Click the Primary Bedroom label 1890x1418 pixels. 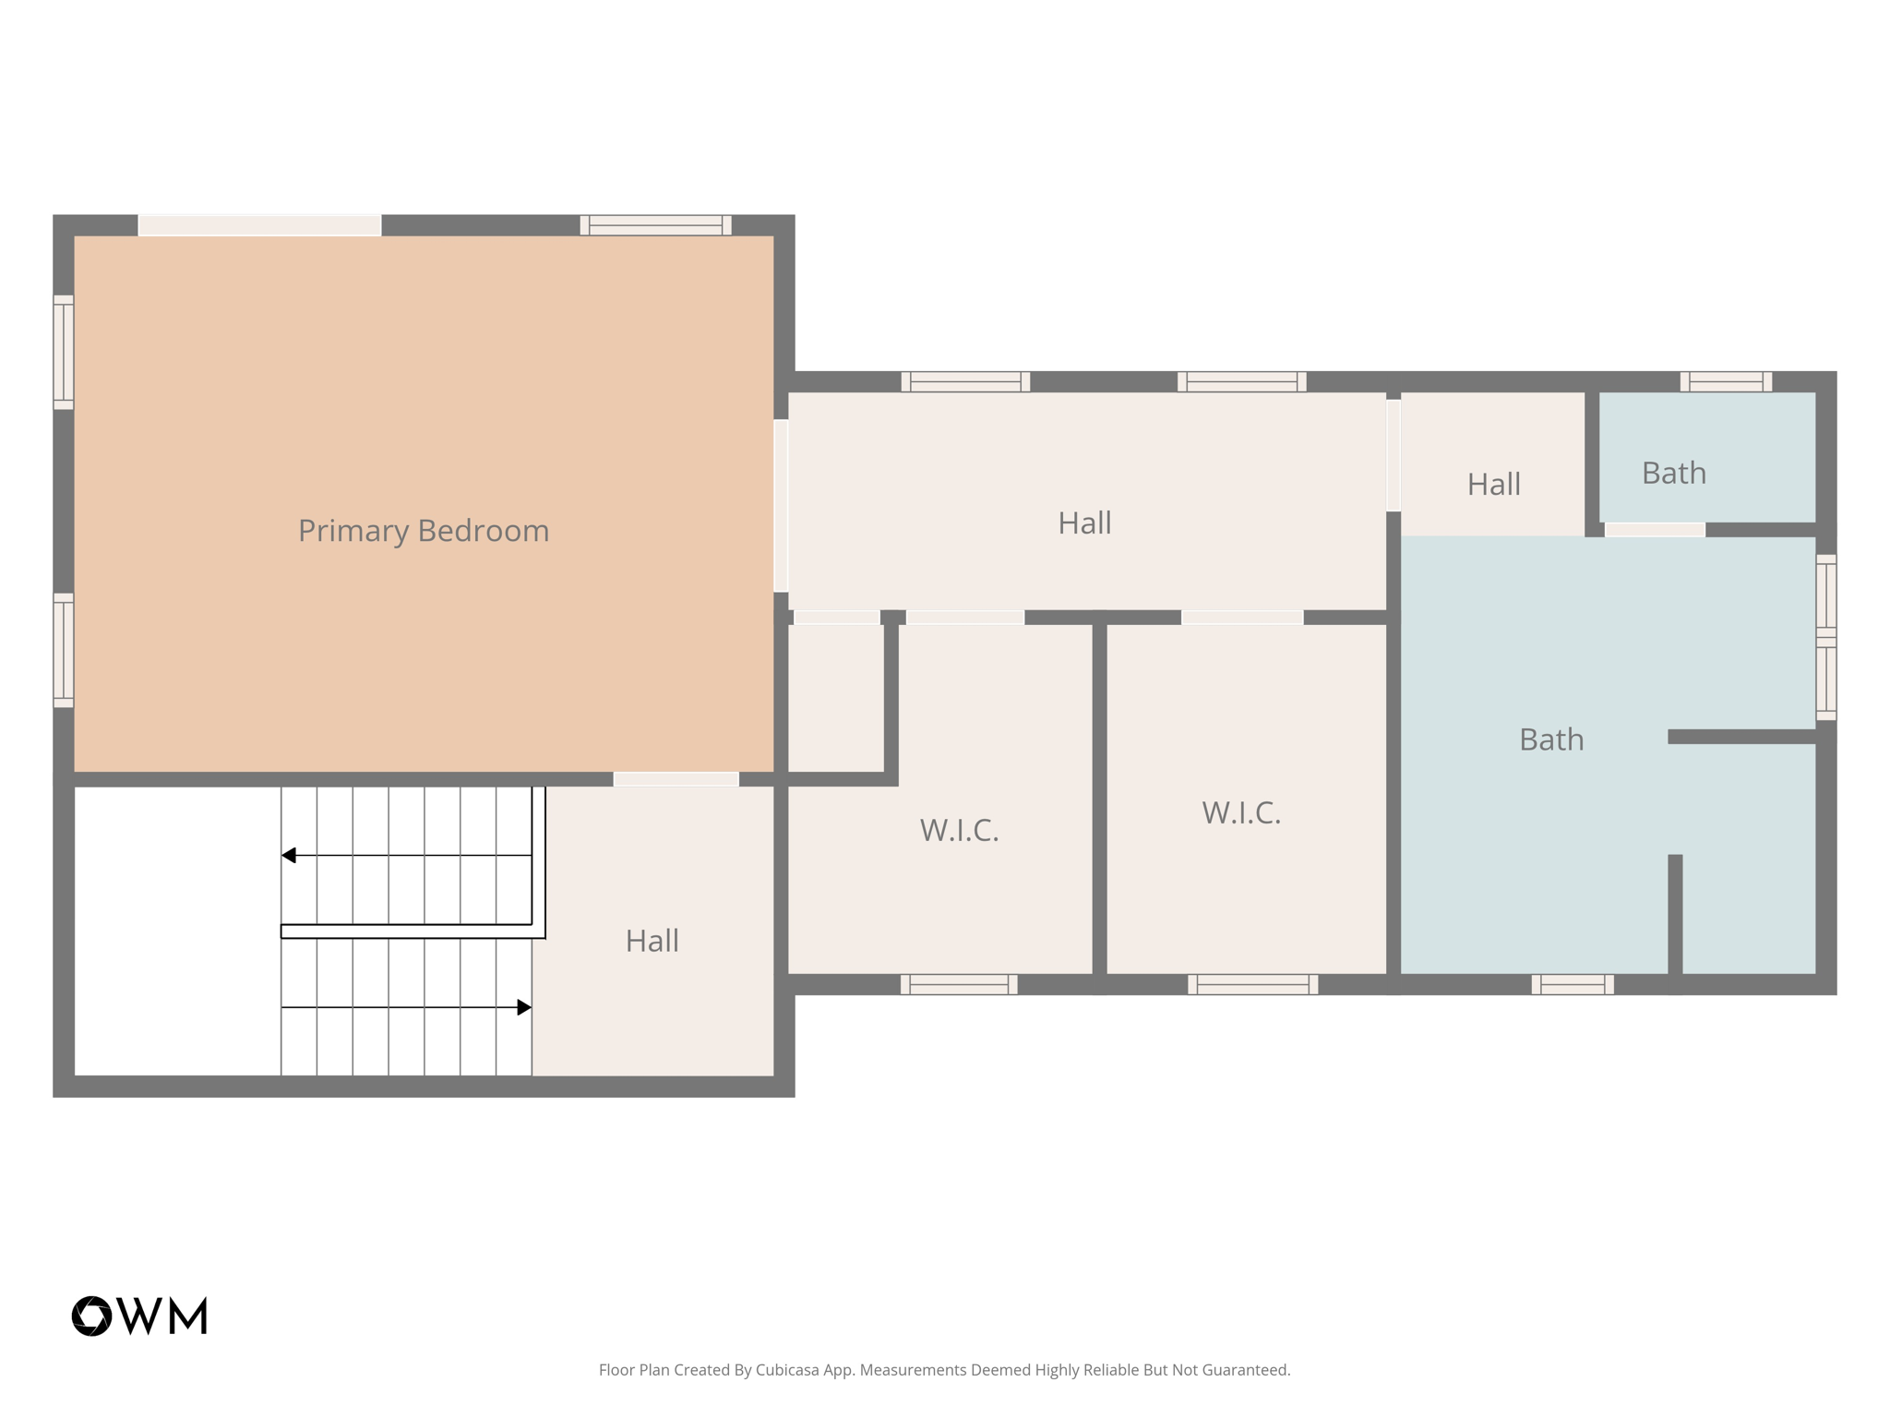(424, 531)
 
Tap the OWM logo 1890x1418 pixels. (139, 1316)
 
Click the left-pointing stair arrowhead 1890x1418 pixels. (289, 856)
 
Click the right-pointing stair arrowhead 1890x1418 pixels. (523, 1007)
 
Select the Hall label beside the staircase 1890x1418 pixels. (652, 941)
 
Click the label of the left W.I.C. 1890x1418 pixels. (959, 830)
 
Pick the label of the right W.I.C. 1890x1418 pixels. (1241, 812)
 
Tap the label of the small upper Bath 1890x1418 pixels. (1673, 473)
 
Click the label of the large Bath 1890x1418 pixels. (1551, 739)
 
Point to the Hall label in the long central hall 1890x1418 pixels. (1084, 523)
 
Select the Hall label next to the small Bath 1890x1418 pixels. (1493, 484)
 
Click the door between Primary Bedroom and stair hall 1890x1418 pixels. (676, 779)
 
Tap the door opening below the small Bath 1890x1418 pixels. (1655, 530)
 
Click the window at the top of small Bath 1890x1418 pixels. (1725, 381)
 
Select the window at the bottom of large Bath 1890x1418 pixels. (1573, 984)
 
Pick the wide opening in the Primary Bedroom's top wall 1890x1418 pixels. (259, 225)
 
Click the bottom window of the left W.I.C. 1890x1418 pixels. (959, 984)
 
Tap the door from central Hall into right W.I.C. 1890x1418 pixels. (1242, 617)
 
